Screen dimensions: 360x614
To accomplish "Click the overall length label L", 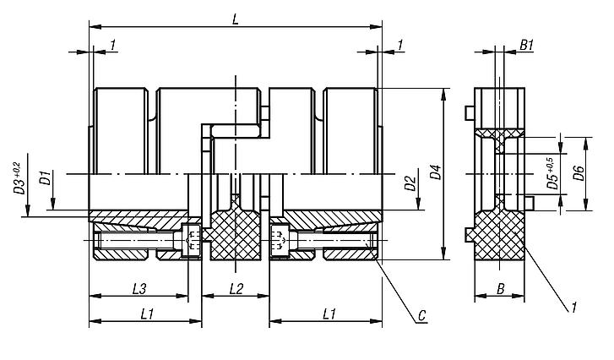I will [x=236, y=18].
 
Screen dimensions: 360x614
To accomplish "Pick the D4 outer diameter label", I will [x=434, y=175].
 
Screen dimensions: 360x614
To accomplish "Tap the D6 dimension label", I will [x=578, y=174].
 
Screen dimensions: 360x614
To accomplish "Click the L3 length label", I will [x=140, y=288].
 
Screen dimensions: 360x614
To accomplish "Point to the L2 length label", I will [x=236, y=288].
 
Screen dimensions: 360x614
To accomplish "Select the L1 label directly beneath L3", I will [x=145, y=314].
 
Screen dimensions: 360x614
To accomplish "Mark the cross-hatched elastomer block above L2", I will [x=236, y=235].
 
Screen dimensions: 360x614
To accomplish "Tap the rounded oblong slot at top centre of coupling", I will [x=236, y=130].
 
